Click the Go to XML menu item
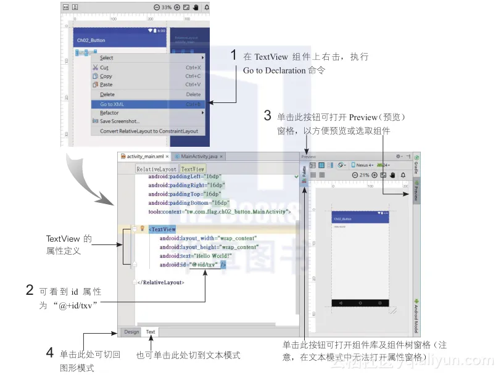112,104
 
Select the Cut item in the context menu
104,67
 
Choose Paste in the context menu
106,84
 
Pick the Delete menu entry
107,94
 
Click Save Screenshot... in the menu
120,122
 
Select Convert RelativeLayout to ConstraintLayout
149,131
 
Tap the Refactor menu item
109,113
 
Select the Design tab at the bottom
131,332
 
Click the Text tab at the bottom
151,332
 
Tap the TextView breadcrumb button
193,168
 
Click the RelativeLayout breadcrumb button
157,168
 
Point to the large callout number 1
234,55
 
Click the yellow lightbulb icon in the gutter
142,228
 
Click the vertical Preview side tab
416,191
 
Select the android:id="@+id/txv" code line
190,265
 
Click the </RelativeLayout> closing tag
162,282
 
